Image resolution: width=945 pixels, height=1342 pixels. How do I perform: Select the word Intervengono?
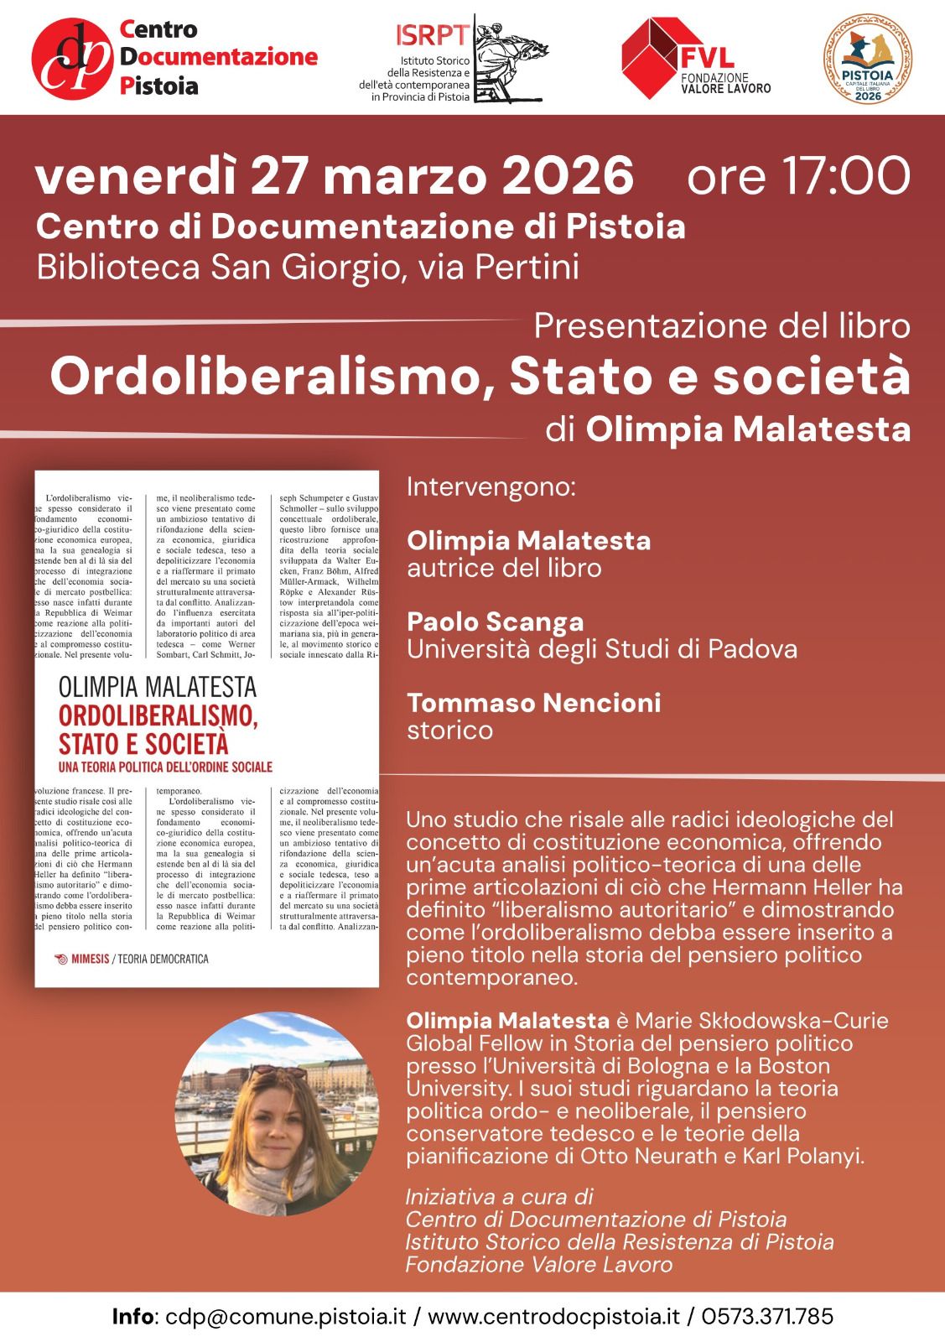(x=491, y=487)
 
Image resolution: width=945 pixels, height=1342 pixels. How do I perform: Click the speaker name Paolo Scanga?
(x=495, y=622)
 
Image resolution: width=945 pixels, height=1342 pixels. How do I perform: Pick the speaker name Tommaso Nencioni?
(x=533, y=702)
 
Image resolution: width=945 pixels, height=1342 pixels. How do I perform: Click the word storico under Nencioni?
(x=449, y=730)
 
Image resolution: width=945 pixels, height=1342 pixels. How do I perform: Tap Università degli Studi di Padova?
(x=601, y=648)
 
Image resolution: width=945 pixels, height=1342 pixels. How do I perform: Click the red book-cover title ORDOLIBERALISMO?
(x=158, y=717)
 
